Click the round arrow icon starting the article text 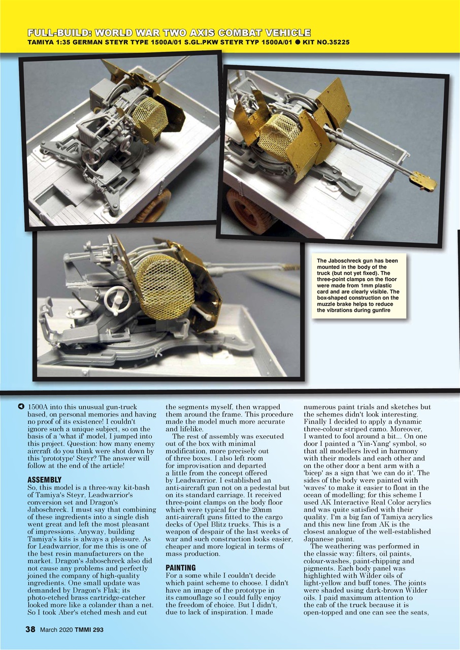[21, 407]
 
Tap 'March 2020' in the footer [56, 630]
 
